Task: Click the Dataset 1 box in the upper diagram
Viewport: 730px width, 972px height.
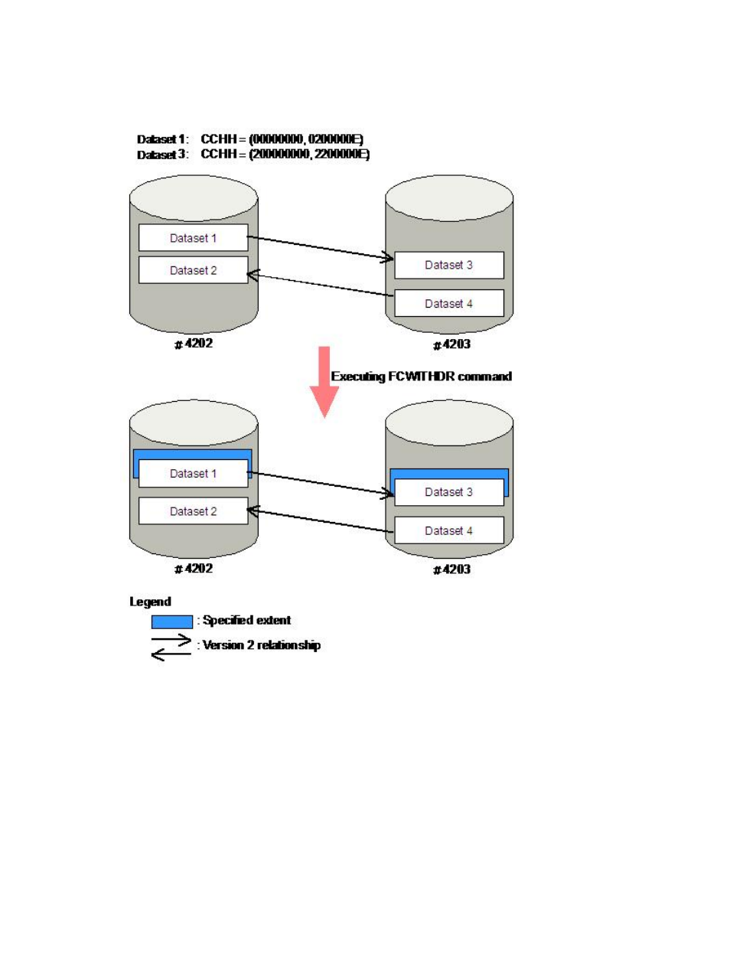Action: (193, 237)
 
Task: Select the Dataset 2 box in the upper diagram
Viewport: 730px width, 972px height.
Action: (193, 269)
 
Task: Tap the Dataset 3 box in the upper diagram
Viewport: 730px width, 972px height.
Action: (449, 265)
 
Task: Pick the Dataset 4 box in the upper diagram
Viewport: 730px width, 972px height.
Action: (449, 303)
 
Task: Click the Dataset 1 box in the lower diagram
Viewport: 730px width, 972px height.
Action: (193, 474)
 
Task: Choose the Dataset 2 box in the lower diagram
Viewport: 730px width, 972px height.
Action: (193, 511)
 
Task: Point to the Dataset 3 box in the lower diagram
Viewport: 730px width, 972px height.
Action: (449, 492)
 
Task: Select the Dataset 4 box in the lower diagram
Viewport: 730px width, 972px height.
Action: (449, 530)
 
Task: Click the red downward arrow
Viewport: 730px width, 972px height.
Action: (324, 382)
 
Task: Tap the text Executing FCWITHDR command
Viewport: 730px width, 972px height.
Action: (422, 377)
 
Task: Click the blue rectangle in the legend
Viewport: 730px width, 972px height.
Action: (171, 621)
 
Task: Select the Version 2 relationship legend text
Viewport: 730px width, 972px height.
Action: (261, 645)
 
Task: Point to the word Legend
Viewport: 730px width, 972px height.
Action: (150, 602)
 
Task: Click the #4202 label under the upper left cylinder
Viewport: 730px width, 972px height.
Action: (194, 343)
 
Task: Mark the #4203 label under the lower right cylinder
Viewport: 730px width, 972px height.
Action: (451, 569)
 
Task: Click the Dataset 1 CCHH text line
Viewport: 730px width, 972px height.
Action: (250, 139)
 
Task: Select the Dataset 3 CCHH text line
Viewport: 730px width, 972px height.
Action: (253, 154)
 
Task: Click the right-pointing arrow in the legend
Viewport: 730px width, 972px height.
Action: (171, 639)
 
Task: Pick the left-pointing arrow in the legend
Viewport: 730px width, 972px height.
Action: (171, 654)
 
